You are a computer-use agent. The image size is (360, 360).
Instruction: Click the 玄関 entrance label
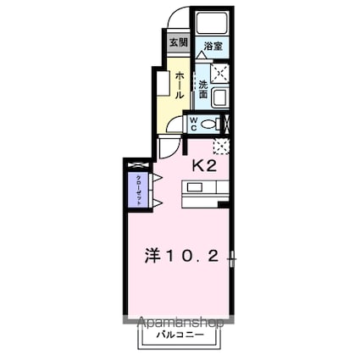pyautogui.click(x=177, y=42)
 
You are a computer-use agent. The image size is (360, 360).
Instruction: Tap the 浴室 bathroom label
pyautogui.click(x=211, y=48)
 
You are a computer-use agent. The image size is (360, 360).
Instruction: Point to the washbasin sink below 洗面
pyautogui.click(x=219, y=98)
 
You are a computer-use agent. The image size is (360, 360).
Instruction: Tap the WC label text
pyautogui.click(x=193, y=124)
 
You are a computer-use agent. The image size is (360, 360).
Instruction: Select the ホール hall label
pyautogui.click(x=180, y=86)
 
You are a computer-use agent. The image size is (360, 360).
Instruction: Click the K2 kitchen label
pyautogui.click(x=204, y=166)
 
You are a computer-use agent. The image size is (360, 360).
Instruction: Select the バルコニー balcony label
pyautogui.click(x=179, y=336)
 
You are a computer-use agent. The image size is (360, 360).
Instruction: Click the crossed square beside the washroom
pyautogui.click(x=219, y=73)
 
